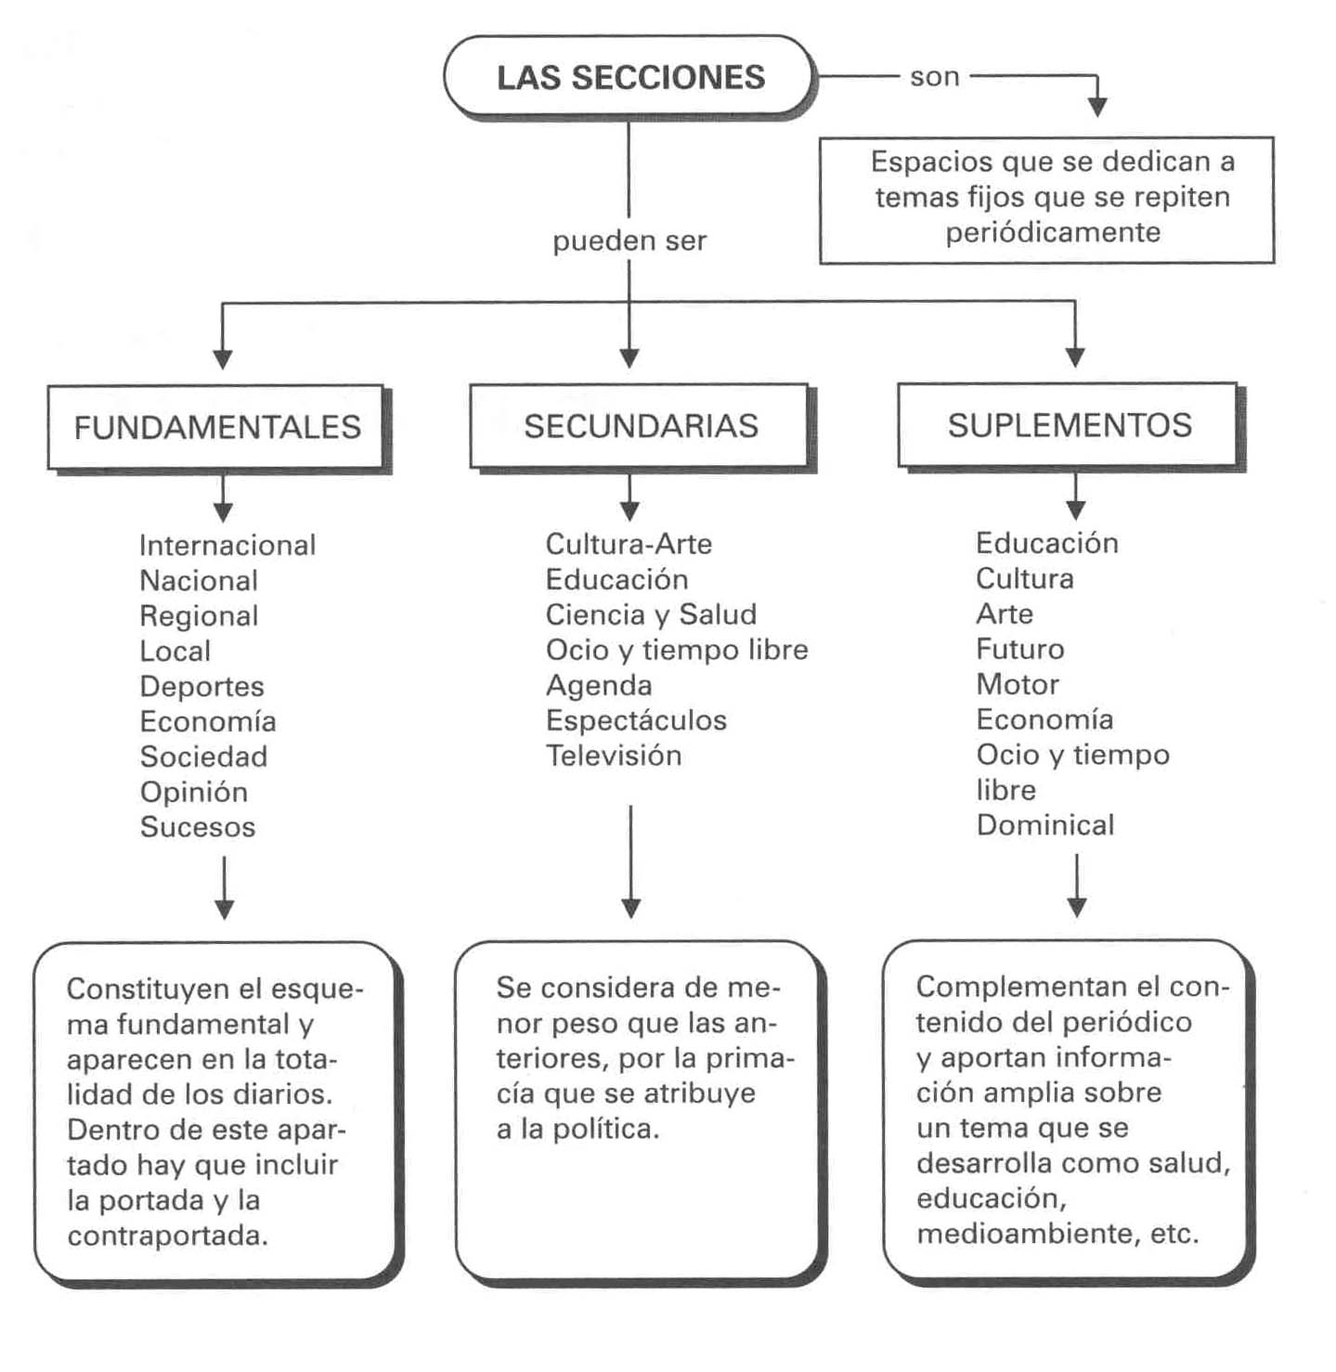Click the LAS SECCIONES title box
click(629, 77)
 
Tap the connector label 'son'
click(934, 77)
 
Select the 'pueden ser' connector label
click(629, 241)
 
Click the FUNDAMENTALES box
click(216, 427)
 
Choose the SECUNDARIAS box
click(640, 426)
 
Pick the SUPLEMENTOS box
click(1069, 425)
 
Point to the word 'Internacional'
click(227, 546)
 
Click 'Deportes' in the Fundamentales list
click(201, 687)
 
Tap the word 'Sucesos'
click(197, 827)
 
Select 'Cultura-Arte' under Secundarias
click(629, 544)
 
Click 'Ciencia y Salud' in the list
click(651, 615)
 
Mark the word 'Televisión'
click(614, 756)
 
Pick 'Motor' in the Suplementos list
click(1018, 685)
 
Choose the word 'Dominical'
click(1045, 825)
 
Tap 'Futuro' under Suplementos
click(1020, 650)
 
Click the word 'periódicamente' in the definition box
click(1053, 232)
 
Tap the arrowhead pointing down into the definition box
click(1097, 107)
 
